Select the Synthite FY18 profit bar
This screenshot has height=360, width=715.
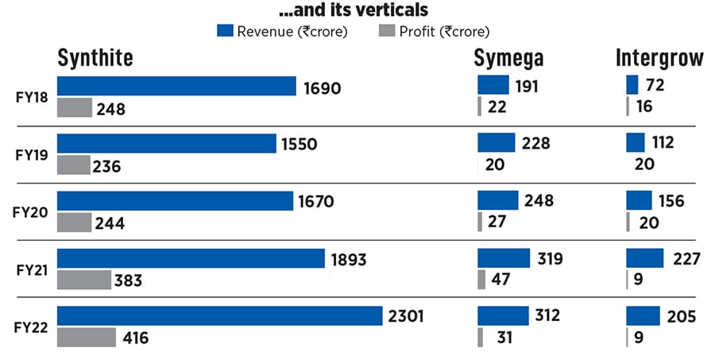[75, 107]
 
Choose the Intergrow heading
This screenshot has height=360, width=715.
[659, 58]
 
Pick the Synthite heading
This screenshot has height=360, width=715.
[95, 58]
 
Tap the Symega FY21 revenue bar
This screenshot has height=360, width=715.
[504, 258]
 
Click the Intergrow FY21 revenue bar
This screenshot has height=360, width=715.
[645, 258]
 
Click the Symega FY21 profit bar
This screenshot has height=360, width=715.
[481, 280]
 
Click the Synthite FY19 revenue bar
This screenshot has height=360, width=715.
[168, 143]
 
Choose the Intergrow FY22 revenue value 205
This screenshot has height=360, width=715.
[682, 316]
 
